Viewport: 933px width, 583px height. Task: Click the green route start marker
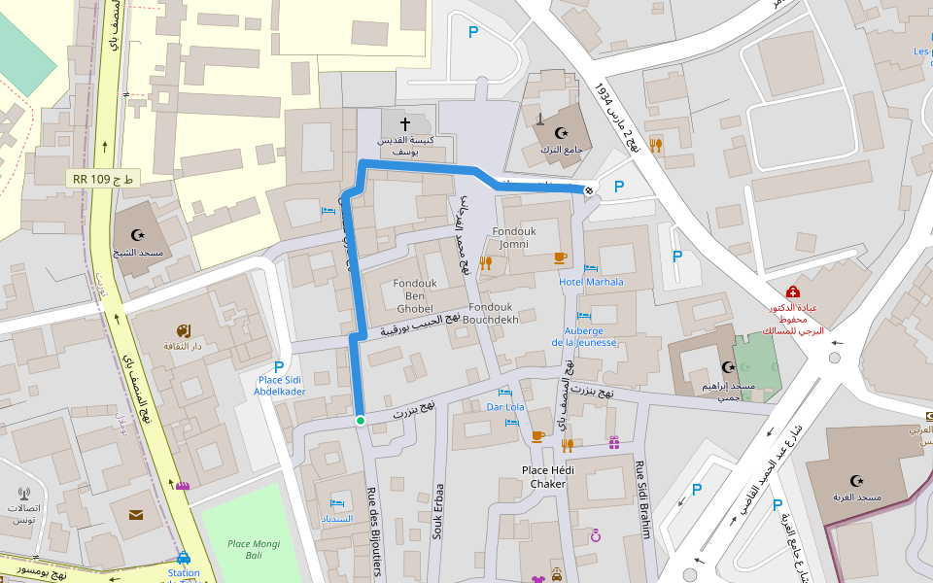tap(360, 421)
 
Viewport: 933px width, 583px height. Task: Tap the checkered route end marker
tap(589, 189)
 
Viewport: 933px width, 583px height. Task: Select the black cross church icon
tap(405, 125)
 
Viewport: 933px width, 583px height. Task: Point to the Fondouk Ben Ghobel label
tap(413, 291)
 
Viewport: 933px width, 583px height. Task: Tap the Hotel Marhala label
tap(591, 282)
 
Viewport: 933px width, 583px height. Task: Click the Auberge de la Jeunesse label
tap(584, 335)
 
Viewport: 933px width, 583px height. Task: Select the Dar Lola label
tap(505, 407)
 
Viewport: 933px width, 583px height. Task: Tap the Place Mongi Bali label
tap(246, 549)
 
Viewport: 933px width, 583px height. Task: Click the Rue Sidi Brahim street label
tap(641, 497)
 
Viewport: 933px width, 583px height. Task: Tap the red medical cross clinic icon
tap(792, 291)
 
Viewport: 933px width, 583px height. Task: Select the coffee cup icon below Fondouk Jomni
tap(560, 257)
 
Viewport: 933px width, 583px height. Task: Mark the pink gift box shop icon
tap(613, 443)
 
